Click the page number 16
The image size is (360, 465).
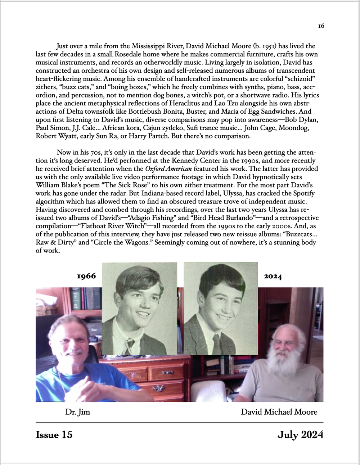coord(321,26)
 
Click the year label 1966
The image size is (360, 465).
coord(86,276)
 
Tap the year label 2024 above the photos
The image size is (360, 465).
coord(273,277)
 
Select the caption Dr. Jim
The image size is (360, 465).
coord(77,412)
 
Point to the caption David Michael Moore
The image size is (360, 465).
coord(279,412)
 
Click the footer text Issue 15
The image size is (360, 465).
coord(54,435)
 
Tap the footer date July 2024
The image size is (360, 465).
coord(300,435)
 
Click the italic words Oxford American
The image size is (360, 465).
coord(168,169)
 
